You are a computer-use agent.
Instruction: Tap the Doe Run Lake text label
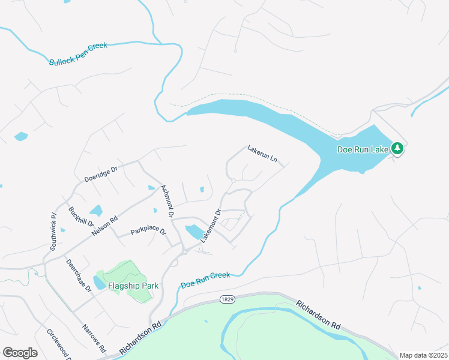coord(363,149)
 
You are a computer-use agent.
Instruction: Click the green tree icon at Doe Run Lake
coord(397,148)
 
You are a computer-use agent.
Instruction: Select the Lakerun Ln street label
coord(263,154)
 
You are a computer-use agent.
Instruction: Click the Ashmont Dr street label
coord(167,201)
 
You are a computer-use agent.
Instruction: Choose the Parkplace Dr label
coord(148,232)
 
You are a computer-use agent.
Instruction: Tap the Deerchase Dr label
coord(78,275)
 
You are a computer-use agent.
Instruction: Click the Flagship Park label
coord(133,286)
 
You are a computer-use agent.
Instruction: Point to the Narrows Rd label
coord(94,338)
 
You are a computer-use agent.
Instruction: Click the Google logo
coord(20,353)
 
